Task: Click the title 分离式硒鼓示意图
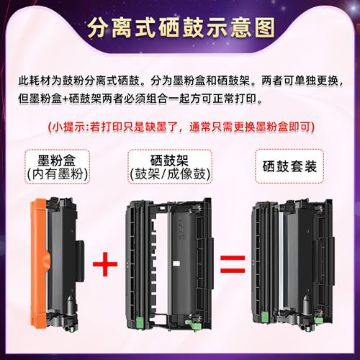(x=180, y=30)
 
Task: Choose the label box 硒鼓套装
(x=287, y=163)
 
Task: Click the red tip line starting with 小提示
(x=180, y=127)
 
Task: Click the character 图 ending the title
(x=261, y=30)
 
